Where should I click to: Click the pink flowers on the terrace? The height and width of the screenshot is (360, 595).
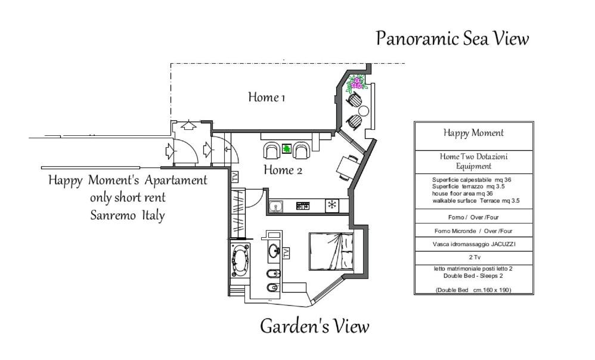tap(357, 82)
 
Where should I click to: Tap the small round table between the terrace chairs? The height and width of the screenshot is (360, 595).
tap(364, 111)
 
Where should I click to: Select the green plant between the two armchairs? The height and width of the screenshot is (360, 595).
tap(287, 148)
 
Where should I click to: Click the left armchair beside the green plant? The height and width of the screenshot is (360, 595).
tap(271, 150)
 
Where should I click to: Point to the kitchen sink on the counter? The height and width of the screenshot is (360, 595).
tap(276, 206)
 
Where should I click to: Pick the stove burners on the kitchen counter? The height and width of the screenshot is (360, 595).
tap(303, 206)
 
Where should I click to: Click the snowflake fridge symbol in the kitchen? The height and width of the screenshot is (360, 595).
tap(332, 206)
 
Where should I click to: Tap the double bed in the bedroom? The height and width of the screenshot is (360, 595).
tap(331, 251)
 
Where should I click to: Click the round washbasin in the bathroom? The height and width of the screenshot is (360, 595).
tap(274, 250)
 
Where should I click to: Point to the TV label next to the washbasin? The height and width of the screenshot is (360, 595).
tap(286, 253)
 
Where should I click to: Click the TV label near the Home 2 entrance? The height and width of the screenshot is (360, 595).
tap(235, 177)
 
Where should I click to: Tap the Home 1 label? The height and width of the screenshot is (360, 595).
tap(266, 97)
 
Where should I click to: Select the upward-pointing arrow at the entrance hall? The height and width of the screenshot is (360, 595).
tap(188, 125)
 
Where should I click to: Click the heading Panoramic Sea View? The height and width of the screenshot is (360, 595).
tap(453, 38)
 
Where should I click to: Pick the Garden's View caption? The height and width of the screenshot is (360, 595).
tap(315, 326)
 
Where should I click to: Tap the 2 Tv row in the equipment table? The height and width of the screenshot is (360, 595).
tap(475, 257)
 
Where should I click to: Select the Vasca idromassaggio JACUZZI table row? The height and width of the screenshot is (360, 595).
tap(475, 244)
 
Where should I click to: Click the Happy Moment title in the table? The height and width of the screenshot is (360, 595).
tap(473, 133)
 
